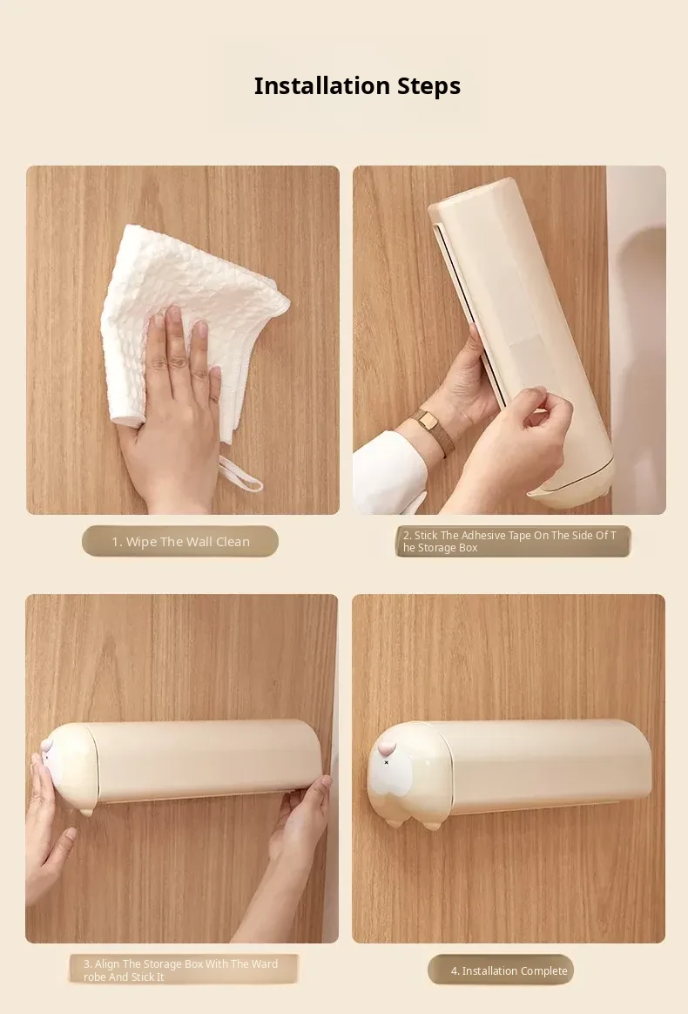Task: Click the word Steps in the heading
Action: (428, 86)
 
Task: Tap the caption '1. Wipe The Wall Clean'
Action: (180, 542)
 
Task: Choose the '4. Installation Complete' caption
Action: (509, 970)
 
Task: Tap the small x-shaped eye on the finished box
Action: (387, 762)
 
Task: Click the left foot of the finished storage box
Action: (392, 822)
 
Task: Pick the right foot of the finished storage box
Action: (432, 824)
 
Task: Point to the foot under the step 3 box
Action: (86, 811)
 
